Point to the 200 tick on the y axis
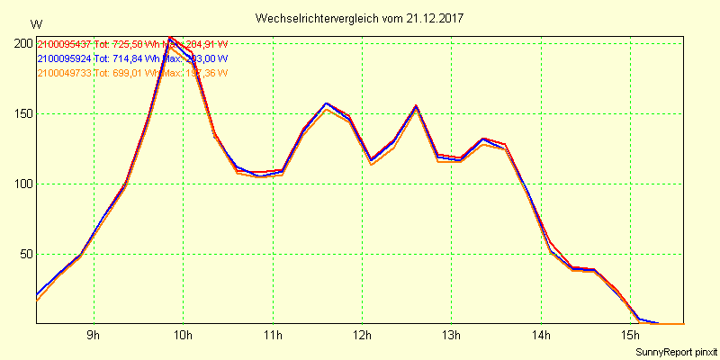(x=22, y=43)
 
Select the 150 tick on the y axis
(x=22, y=113)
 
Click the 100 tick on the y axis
(x=22, y=184)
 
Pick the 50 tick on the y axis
(x=26, y=254)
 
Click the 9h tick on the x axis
(x=94, y=336)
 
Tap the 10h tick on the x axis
(x=183, y=336)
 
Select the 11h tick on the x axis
(x=273, y=336)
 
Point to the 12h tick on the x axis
(x=362, y=336)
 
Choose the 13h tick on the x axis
(x=451, y=336)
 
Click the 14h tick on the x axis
(x=541, y=336)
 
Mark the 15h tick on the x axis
(x=630, y=336)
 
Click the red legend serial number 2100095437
(x=64, y=44)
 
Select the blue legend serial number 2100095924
(x=64, y=58)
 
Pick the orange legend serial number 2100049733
(x=64, y=73)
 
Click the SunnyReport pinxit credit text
(x=675, y=351)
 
